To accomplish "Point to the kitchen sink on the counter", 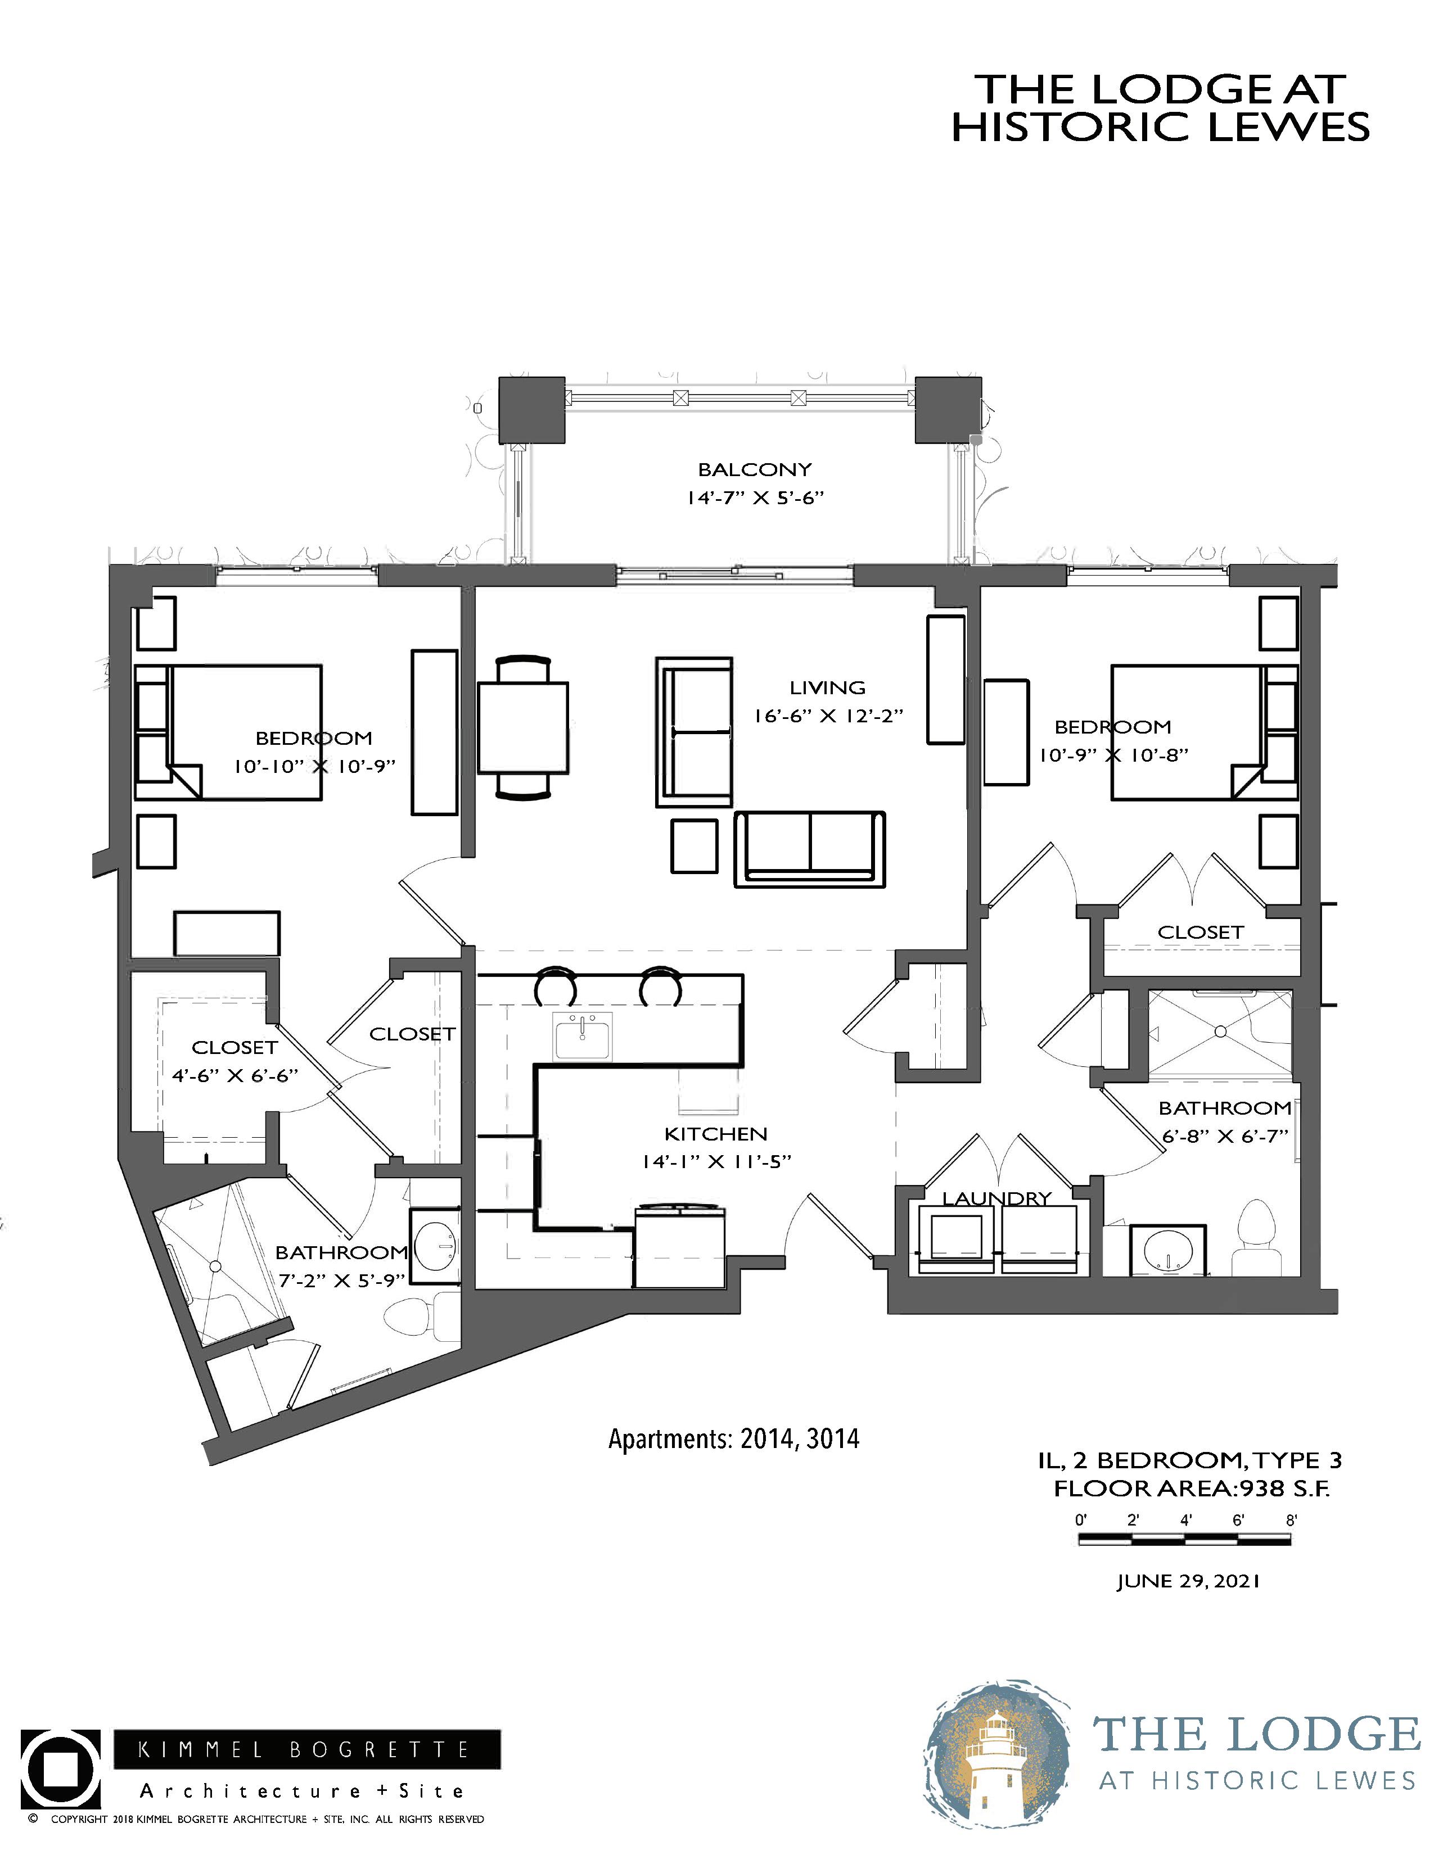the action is tap(583, 1036).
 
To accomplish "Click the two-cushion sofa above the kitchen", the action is tap(810, 850).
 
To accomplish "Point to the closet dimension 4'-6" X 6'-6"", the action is tap(235, 1076).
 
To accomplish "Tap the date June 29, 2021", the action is tap(1188, 1581).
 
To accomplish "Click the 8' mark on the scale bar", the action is tap(1291, 1519).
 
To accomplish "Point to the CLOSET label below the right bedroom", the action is tap(1201, 932).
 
